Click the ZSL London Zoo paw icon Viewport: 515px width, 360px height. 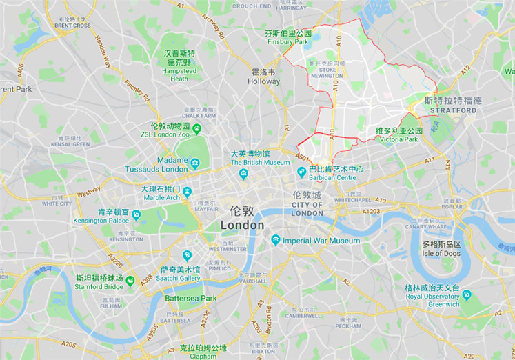pyautogui.click(x=197, y=128)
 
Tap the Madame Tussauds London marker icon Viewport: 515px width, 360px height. pyautogui.click(x=195, y=164)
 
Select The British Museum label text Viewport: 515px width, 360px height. pyautogui.click(x=260, y=163)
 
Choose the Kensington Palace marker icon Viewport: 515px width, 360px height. pyautogui.click(x=136, y=215)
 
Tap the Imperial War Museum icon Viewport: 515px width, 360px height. pyautogui.click(x=276, y=240)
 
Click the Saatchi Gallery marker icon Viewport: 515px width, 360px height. pyautogui.click(x=187, y=255)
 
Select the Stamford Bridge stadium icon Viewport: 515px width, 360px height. pyautogui.click(x=130, y=281)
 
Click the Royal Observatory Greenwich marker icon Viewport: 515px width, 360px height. pyautogui.click(x=467, y=294)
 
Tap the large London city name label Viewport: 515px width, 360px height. pyautogui.click(x=242, y=226)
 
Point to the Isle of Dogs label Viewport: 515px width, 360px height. pyautogui.click(x=441, y=253)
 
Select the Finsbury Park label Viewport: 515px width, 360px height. pyautogui.click(x=288, y=42)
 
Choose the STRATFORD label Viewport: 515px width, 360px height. pyautogui.click(x=453, y=110)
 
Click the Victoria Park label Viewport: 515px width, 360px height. pyautogui.click(x=398, y=139)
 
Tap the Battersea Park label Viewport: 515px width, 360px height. pyautogui.click(x=190, y=298)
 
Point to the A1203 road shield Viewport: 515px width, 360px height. pyautogui.click(x=370, y=211)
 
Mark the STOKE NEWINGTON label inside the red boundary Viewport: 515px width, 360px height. pyautogui.click(x=327, y=72)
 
